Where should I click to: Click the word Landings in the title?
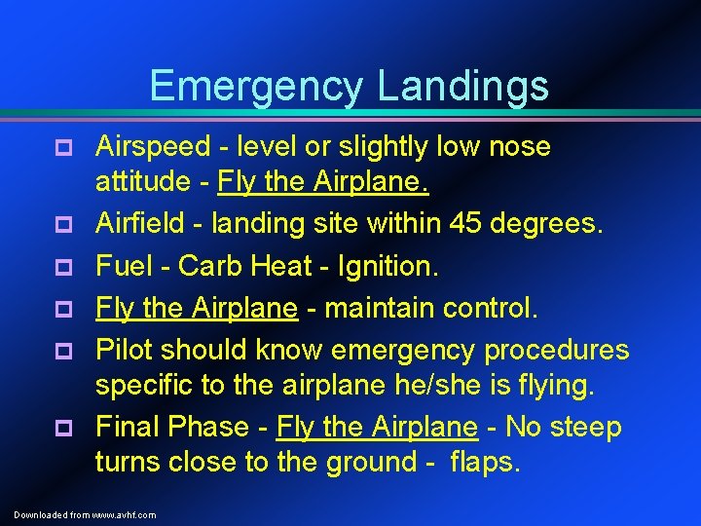tap(462, 86)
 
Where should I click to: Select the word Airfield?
tap(144, 224)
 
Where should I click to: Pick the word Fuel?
tap(119, 266)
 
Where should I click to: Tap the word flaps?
tap(485, 462)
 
